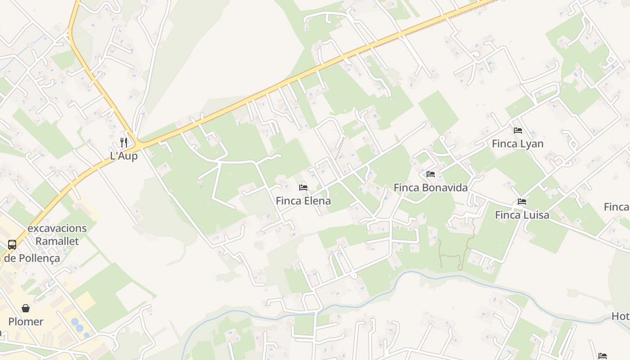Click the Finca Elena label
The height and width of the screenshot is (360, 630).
coord(303,201)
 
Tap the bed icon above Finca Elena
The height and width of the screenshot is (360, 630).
coord(303,187)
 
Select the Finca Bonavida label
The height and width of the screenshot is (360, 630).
coord(431,188)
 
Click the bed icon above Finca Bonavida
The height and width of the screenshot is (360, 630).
coord(431,174)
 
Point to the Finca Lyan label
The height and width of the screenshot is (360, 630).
coord(517,144)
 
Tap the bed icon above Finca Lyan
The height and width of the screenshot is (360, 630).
coord(518,130)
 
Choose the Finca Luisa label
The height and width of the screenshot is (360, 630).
coord(522,215)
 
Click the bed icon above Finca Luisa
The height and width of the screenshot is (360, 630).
coord(522,202)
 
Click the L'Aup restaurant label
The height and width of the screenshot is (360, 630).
coord(124,156)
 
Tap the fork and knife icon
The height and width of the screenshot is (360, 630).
coord(124,143)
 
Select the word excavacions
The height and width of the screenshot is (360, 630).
coord(57,228)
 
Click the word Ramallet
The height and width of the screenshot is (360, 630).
coord(57,241)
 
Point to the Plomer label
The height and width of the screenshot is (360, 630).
coord(26,322)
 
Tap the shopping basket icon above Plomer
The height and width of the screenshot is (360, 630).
coord(26,308)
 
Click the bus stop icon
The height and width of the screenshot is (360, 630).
coord(12,245)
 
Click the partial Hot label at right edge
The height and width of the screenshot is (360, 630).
coord(621,317)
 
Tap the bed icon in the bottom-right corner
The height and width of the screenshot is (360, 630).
coord(603,356)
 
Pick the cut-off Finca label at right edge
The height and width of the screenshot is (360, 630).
coord(617,207)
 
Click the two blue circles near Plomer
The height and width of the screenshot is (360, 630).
coord(77,325)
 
